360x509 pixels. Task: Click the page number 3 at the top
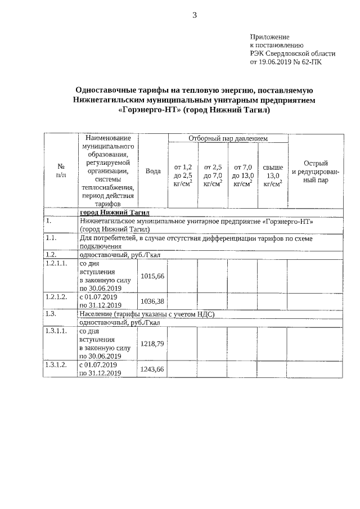point(195,15)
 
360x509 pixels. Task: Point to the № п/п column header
point(61,171)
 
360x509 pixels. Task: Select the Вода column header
point(153,171)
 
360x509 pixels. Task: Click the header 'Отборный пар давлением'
point(228,138)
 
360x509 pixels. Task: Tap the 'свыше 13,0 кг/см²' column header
point(273,175)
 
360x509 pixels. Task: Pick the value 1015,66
point(152,276)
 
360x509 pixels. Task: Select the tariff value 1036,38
point(152,301)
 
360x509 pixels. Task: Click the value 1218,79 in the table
point(152,344)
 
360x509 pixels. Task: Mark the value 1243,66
point(152,369)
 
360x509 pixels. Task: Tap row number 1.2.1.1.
point(57,263)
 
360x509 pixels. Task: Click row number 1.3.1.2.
point(57,364)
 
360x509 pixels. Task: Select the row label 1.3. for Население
point(51,313)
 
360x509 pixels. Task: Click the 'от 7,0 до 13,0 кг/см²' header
point(242,175)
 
